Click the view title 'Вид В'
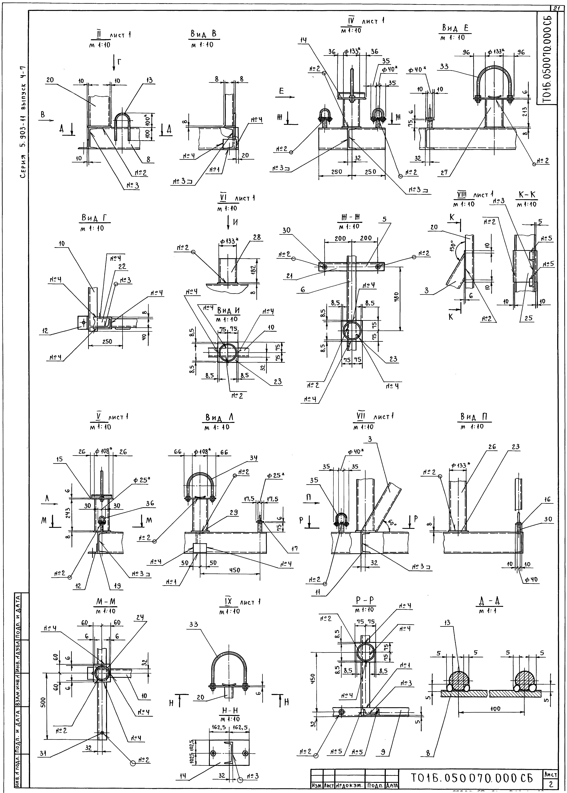click(204, 34)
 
